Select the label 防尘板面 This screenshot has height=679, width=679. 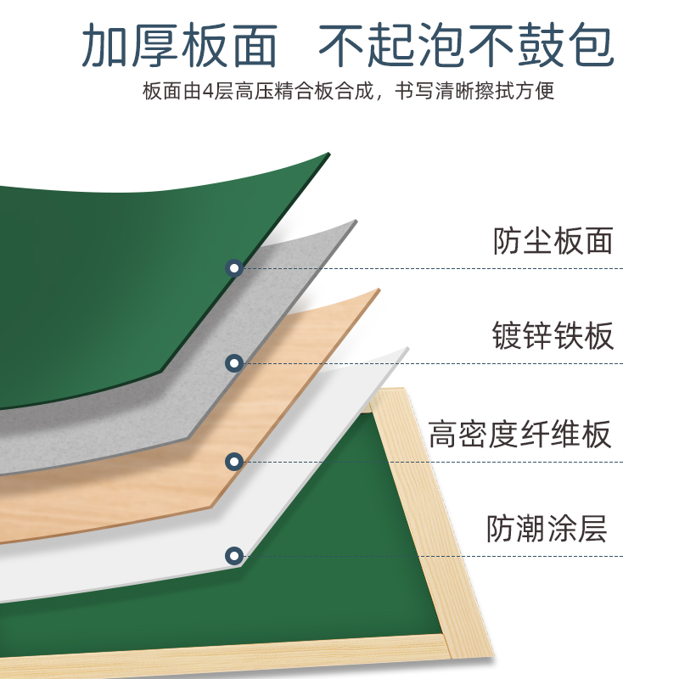pyautogui.click(x=553, y=241)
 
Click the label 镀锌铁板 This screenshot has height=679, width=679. pyautogui.click(x=553, y=336)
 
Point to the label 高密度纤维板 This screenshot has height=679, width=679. pyautogui.click(x=519, y=435)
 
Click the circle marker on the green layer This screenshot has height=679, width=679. pyautogui.click(x=234, y=269)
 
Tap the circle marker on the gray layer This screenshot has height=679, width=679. pyautogui.click(x=234, y=364)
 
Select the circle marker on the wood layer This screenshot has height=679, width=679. pyautogui.click(x=234, y=462)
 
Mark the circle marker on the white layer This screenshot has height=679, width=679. pyautogui.click(x=234, y=557)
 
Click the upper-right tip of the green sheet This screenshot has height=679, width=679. pyautogui.click(x=327, y=154)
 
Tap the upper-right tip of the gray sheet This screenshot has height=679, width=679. pyautogui.click(x=355, y=222)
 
